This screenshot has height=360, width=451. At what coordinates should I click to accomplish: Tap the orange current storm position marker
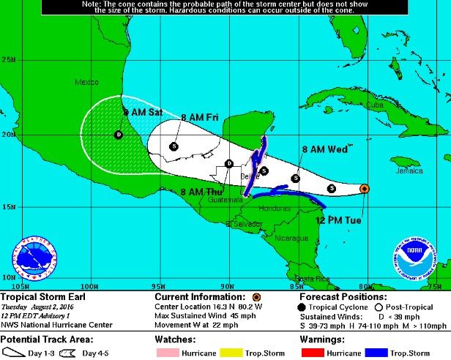pos(365,189)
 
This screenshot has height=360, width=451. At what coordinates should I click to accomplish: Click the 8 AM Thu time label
pos(200,192)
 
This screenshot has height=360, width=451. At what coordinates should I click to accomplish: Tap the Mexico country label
pos(87,83)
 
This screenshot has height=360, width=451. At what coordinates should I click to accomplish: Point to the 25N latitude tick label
pos(9,60)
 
